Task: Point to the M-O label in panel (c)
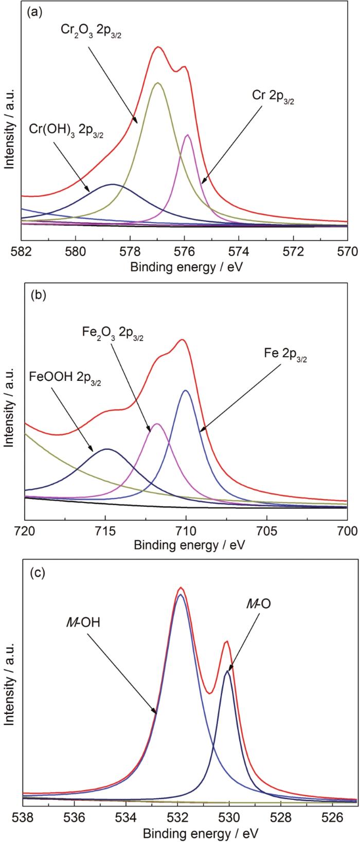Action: pos(259,605)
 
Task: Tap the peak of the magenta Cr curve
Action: pos(188,135)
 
